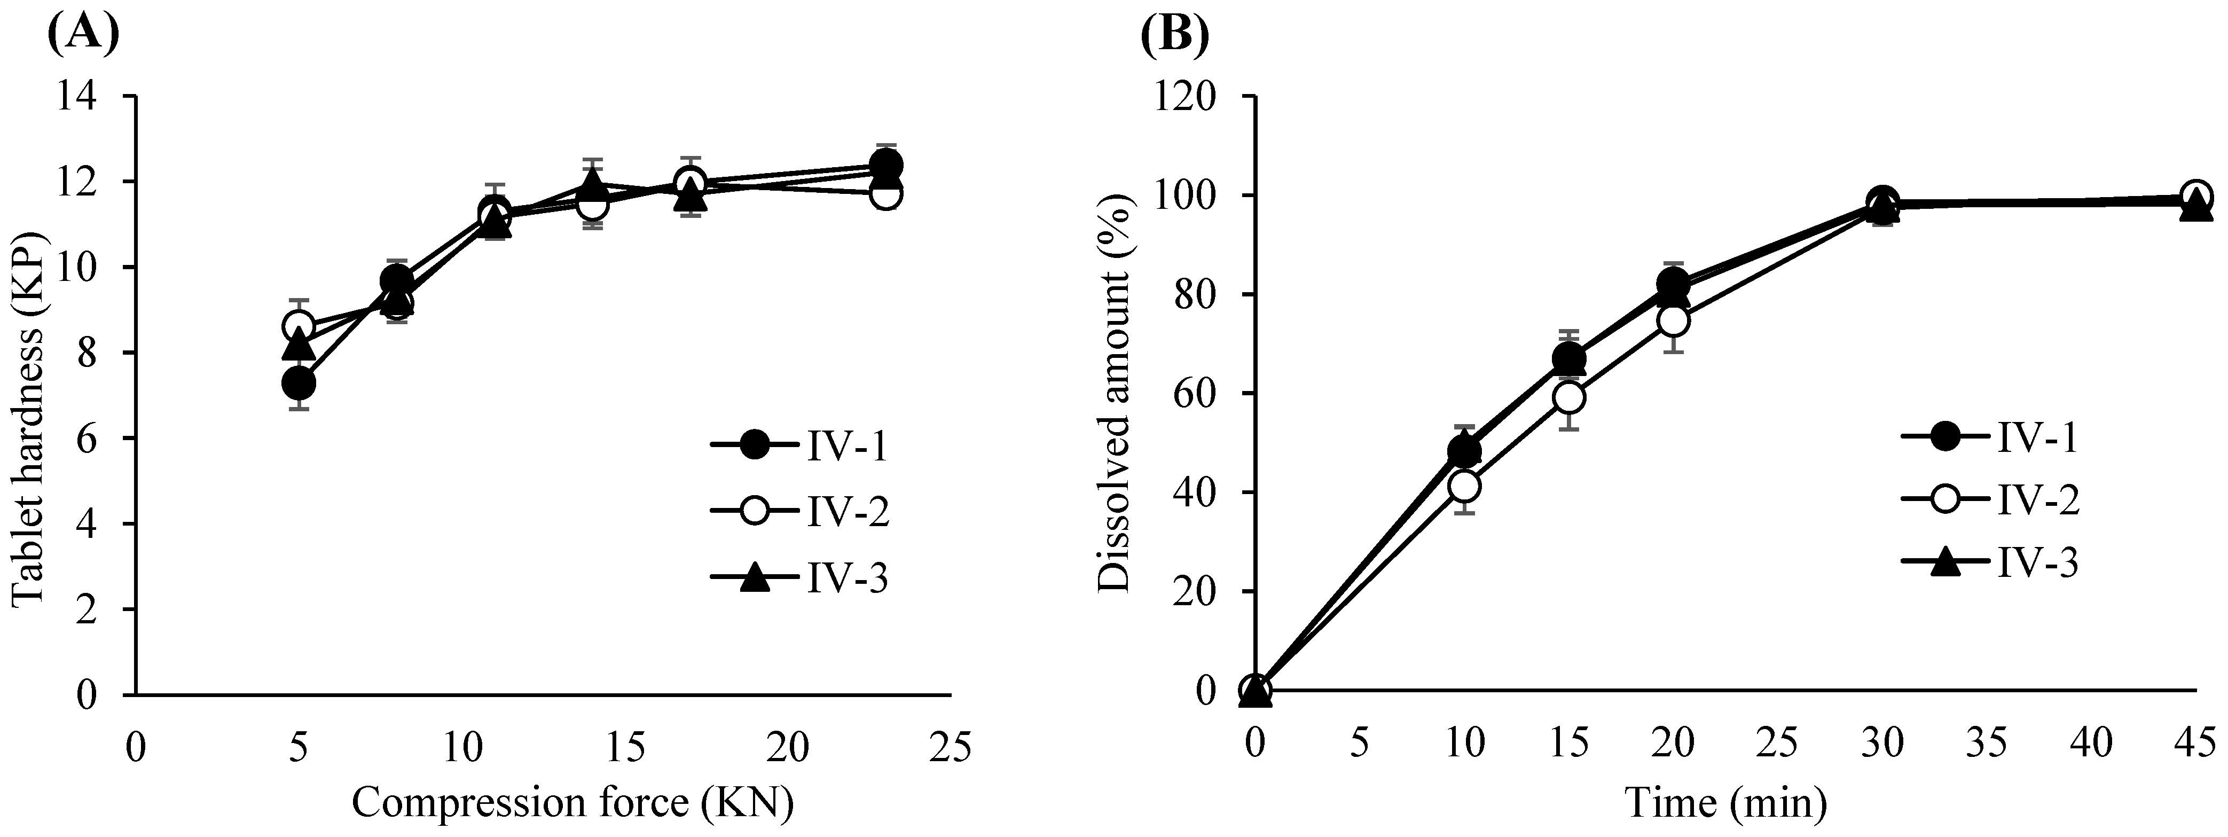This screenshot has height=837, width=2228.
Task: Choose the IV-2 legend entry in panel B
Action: (1989, 499)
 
